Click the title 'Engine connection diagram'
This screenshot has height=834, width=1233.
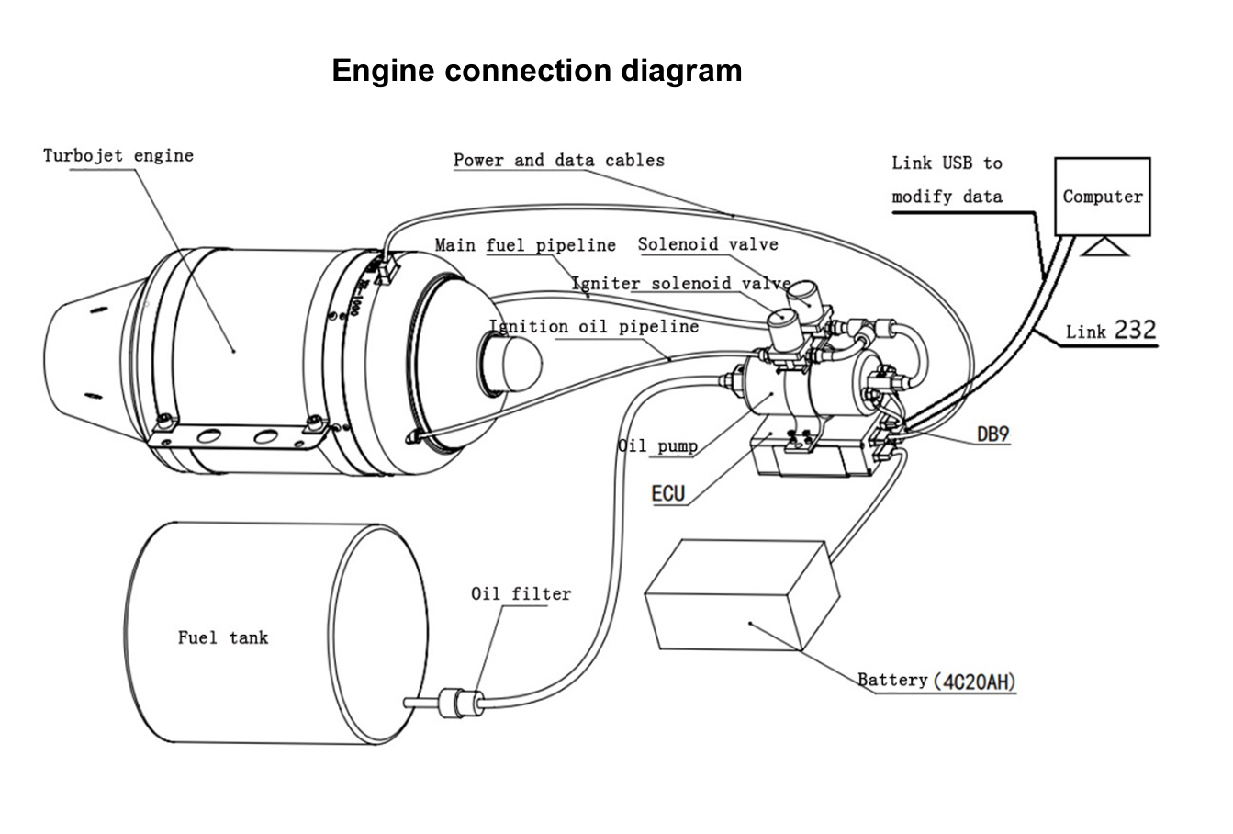pos(536,71)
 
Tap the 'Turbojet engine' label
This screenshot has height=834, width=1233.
pos(118,155)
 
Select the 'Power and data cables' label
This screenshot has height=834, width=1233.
pos(558,160)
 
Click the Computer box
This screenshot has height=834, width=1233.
pos(1102,196)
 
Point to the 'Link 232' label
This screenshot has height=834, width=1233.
pos(1111,331)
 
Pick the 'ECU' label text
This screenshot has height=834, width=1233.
pos(667,494)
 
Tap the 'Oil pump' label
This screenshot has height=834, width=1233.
pos(657,447)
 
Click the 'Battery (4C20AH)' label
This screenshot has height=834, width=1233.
pos(936,682)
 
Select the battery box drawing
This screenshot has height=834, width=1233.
pos(742,595)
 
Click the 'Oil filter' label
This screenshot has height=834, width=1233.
pos(521,594)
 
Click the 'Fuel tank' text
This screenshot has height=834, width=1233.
pos(223,637)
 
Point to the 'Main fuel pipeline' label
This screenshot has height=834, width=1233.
pos(525,245)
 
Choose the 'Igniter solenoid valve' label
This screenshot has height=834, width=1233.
pos(680,283)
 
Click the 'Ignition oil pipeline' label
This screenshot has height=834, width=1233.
pos(594,327)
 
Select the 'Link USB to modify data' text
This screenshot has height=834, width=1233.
pos(947,179)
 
